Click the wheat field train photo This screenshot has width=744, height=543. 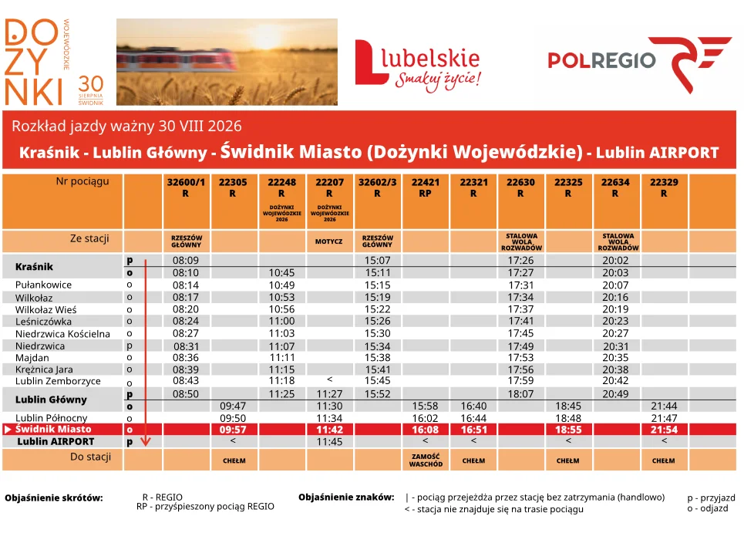(x=227, y=62)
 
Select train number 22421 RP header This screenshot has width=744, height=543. (x=425, y=187)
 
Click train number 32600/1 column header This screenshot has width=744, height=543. (x=186, y=187)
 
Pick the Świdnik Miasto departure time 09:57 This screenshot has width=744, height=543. (x=233, y=430)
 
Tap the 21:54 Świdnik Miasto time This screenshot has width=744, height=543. (x=665, y=430)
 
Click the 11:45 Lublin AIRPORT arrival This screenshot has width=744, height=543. (x=329, y=442)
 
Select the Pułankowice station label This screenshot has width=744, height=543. (x=43, y=285)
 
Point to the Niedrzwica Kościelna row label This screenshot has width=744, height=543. (x=62, y=334)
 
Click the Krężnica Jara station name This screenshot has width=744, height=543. (x=44, y=369)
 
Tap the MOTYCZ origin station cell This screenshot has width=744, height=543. (x=328, y=241)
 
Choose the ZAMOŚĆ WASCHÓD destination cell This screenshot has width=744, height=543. (x=426, y=460)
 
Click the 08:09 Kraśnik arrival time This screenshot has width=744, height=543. (x=186, y=260)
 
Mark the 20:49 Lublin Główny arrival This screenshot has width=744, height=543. (x=615, y=394)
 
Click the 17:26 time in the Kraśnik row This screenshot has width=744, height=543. (x=520, y=260)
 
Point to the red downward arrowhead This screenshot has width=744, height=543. (x=146, y=441)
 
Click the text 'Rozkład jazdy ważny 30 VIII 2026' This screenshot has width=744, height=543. (x=126, y=126)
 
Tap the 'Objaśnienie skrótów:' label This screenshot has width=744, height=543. (x=54, y=498)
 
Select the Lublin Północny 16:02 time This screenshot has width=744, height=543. (x=425, y=418)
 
